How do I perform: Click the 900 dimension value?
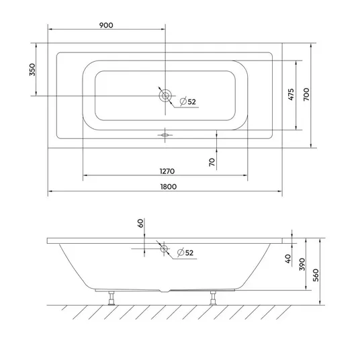tap(106, 26)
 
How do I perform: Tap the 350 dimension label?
tap(33, 70)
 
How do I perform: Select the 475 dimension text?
tap(291, 94)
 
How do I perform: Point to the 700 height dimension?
tap(306, 94)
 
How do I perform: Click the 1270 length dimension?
tap(167, 171)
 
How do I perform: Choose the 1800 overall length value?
tap(169, 187)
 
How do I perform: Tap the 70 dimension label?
tap(212, 162)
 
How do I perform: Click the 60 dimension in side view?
tap(140, 223)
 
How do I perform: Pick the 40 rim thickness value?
tap(288, 259)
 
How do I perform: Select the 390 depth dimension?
tap(302, 264)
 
